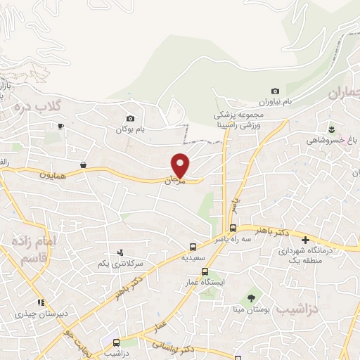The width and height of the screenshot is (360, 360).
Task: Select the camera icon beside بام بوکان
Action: click(x=130, y=118)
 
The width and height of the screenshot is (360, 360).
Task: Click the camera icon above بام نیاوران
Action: click(x=275, y=91)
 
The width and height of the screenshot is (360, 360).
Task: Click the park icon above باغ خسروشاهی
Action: click(x=331, y=128)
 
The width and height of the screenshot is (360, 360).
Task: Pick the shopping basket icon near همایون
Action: click(x=84, y=165)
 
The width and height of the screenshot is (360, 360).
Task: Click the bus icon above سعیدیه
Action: click(x=193, y=247)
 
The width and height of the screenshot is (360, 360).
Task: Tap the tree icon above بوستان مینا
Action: click(x=251, y=298)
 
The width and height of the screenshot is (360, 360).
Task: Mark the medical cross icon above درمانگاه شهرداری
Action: click(x=305, y=239)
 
